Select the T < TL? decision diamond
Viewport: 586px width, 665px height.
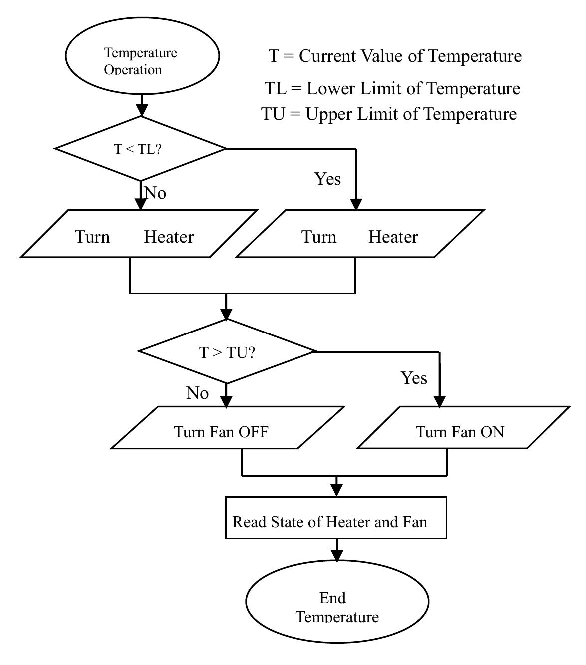(x=140, y=149)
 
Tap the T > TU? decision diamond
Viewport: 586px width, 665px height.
(x=227, y=351)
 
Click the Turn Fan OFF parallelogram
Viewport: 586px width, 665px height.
(x=227, y=428)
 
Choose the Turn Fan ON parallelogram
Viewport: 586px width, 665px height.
(x=463, y=428)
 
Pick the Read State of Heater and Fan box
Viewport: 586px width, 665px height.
(x=335, y=518)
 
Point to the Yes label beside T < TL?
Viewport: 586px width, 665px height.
(x=327, y=179)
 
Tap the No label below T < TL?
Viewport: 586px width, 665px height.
(x=155, y=193)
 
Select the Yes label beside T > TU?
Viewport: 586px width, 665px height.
(x=414, y=378)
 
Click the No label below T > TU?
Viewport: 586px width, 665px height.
(x=197, y=393)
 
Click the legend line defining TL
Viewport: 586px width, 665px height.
(x=392, y=89)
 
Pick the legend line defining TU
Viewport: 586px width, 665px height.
(x=389, y=114)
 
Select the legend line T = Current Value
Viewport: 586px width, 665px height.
(x=395, y=56)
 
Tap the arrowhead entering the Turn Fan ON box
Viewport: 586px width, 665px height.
(x=439, y=402)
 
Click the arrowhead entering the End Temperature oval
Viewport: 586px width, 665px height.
(x=337, y=556)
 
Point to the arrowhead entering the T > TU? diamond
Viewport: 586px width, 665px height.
(x=226, y=314)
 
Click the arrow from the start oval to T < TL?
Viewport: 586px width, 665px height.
(x=142, y=105)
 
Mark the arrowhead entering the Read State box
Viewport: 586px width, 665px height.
(x=336, y=491)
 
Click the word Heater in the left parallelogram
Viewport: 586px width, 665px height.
(x=169, y=237)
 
